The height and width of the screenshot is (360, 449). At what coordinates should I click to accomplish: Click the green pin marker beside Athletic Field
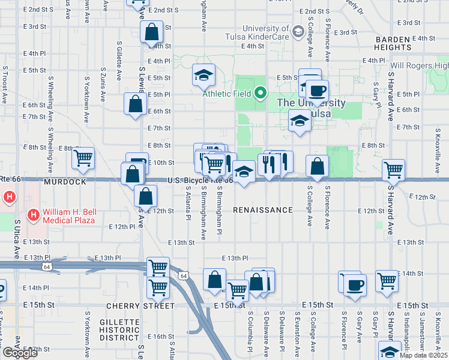click(260, 93)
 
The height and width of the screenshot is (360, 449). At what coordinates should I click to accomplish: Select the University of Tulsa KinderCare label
click(265, 33)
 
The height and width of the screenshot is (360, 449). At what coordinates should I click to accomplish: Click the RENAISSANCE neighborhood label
click(262, 210)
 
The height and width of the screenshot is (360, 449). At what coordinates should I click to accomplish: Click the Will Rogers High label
click(419, 65)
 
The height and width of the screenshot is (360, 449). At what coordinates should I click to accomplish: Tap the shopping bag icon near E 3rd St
click(152, 31)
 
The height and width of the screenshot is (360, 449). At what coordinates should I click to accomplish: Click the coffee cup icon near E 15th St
click(354, 284)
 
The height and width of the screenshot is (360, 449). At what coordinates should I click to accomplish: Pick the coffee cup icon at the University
click(316, 91)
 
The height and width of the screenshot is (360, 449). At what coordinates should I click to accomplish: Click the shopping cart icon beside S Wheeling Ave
click(83, 158)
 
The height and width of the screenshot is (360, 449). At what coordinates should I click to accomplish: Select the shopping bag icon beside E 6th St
click(136, 103)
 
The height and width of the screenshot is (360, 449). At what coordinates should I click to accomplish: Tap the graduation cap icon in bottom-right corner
click(389, 351)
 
